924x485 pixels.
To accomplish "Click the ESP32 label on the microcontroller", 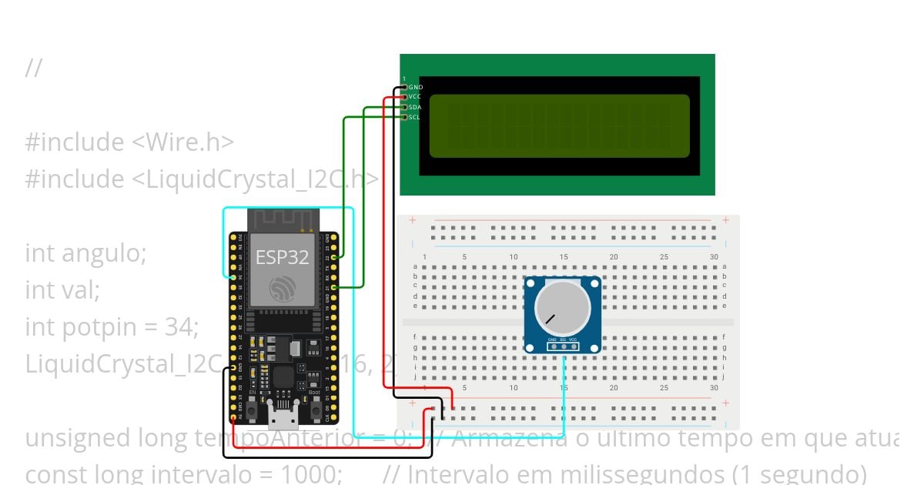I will coord(282,257).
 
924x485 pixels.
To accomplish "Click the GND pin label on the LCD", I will coord(416,88).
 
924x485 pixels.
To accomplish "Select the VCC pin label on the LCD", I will coord(415,97).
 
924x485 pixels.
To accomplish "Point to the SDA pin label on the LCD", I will coord(415,107).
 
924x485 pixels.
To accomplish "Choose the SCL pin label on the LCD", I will coord(414,117).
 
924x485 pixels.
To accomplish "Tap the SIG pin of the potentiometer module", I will coord(563,346).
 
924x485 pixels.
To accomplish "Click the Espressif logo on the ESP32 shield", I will coord(282,289).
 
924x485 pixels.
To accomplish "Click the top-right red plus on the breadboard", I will coord(725,221).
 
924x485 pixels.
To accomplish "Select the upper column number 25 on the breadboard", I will coord(665,257).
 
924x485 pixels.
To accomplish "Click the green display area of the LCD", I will coord(559,125).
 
